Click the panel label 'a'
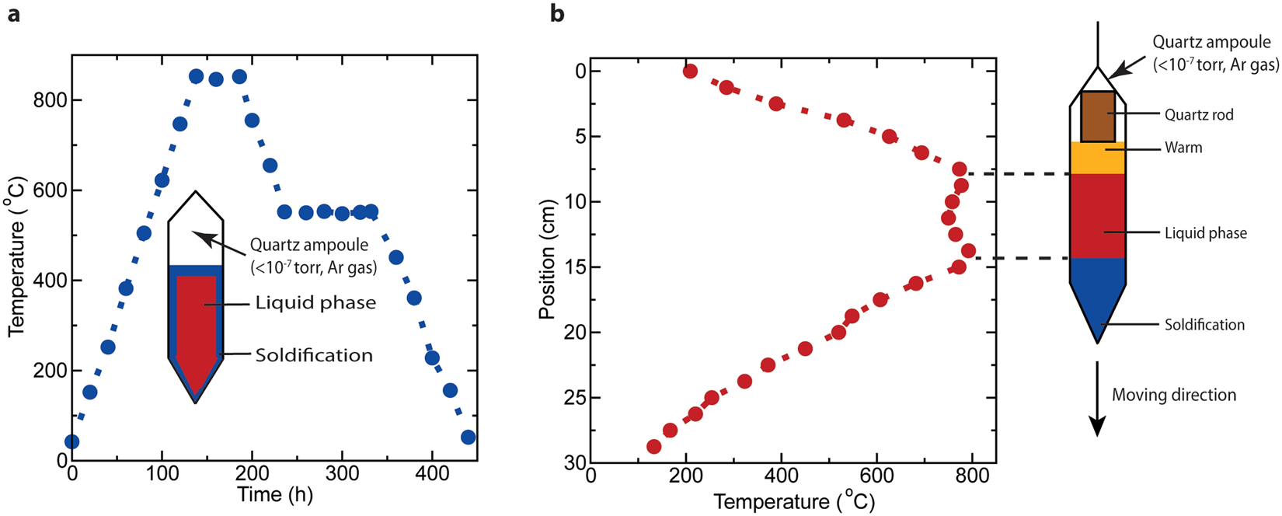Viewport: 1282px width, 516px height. (x=13, y=14)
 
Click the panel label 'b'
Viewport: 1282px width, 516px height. (x=557, y=14)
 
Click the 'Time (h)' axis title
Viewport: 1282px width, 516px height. (x=274, y=495)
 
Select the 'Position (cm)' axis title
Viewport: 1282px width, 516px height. (x=549, y=262)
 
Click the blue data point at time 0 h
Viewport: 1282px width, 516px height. (x=71, y=441)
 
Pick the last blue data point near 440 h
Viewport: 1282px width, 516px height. (x=468, y=437)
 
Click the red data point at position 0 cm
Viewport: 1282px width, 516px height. (x=690, y=71)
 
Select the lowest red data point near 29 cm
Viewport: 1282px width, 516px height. (x=654, y=447)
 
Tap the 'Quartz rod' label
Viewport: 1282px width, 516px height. (x=1198, y=115)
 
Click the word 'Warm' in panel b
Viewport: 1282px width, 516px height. (x=1183, y=148)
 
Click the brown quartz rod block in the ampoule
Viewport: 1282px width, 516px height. (x=1097, y=117)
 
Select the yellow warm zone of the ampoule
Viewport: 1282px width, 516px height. (x=1097, y=159)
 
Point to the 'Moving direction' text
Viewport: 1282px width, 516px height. (x=1173, y=395)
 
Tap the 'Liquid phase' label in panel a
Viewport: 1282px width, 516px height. (x=315, y=303)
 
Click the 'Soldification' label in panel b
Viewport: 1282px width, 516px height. (x=1204, y=325)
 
